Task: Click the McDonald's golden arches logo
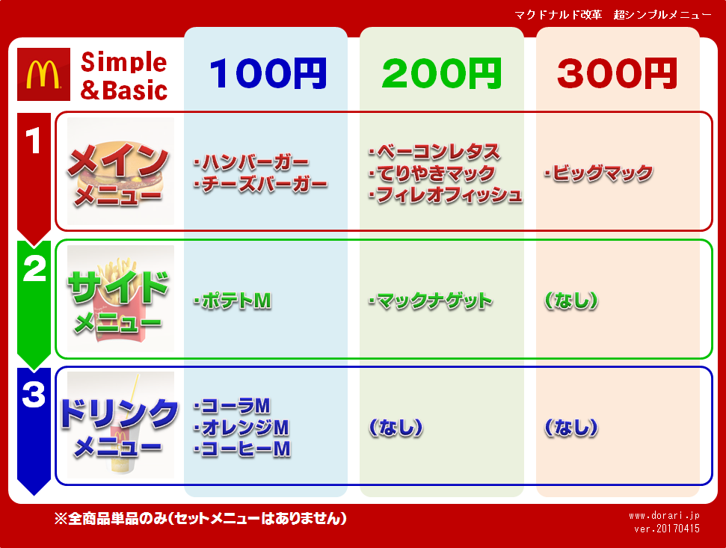tap(43, 74)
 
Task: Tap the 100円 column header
tap(268, 73)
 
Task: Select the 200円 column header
tap(442, 73)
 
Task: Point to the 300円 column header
tap(617, 73)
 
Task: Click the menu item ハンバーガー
tap(251, 162)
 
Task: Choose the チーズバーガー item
tap(261, 184)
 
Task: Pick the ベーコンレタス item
tap(434, 151)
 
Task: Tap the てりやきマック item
tap(432, 173)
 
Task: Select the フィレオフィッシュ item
tap(446, 195)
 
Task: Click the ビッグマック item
tap(599, 173)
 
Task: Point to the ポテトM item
tap(233, 301)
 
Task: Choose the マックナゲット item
tap(430, 301)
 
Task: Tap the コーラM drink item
tap(232, 406)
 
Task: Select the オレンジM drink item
tap(242, 428)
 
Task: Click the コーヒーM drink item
tap(242, 449)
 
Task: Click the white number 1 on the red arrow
tap(33, 141)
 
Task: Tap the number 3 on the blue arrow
tap(34, 394)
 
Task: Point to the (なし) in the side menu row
tap(571, 301)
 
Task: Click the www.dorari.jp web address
tap(664, 516)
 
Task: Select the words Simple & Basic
tap(123, 76)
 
